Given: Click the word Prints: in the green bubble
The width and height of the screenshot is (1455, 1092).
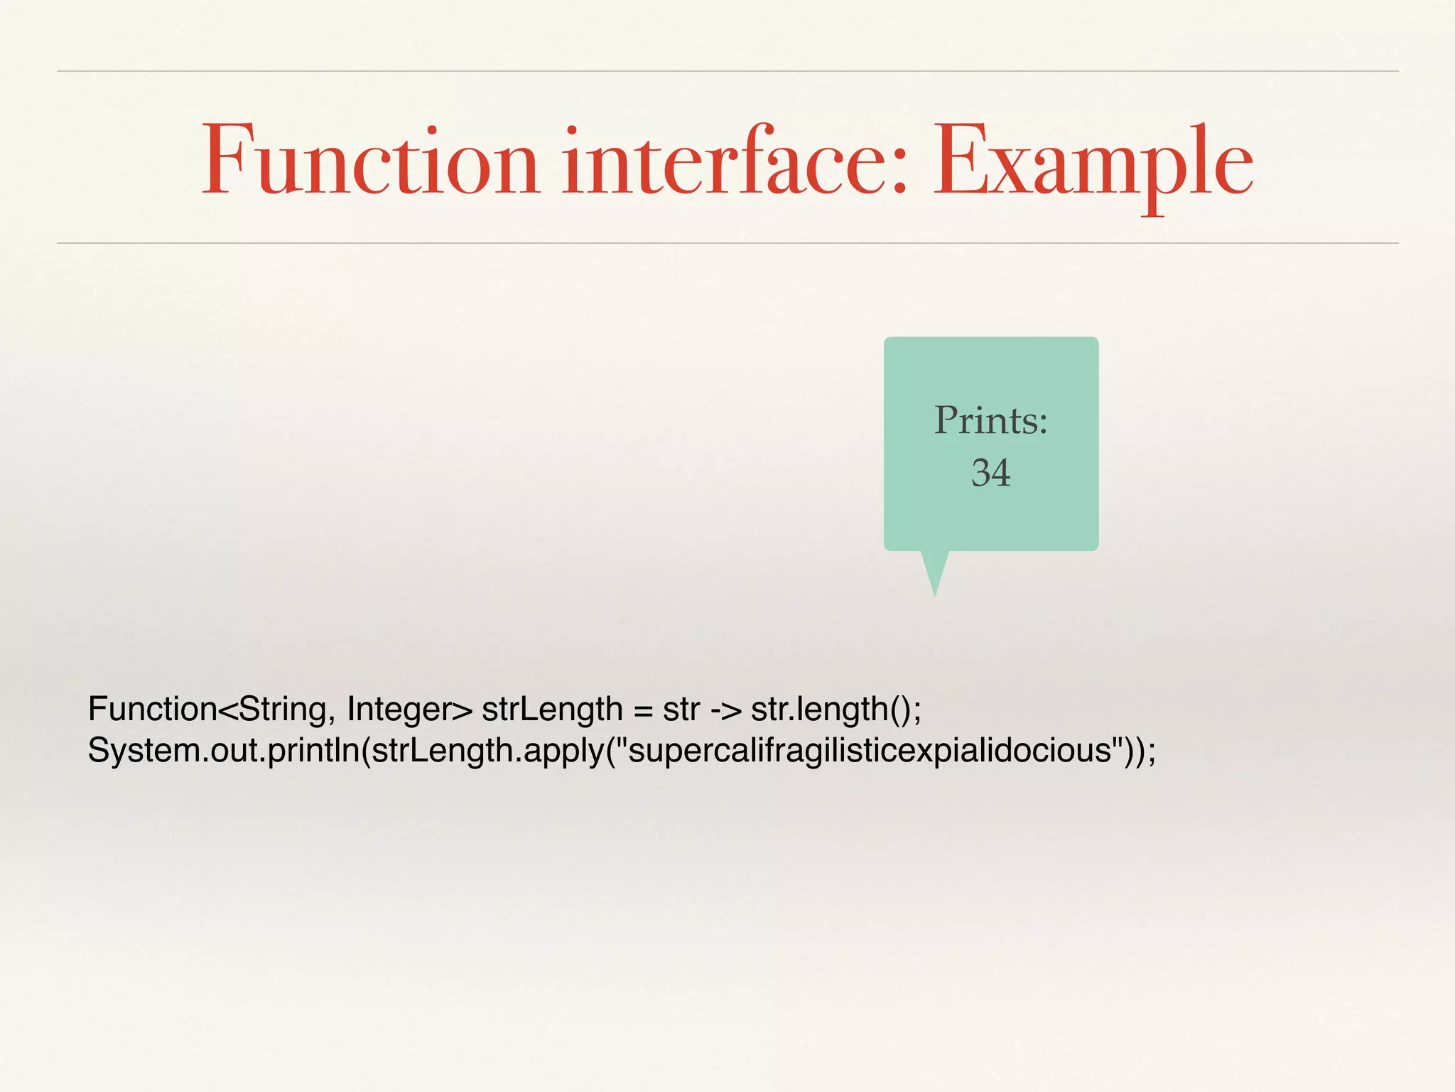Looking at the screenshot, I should pos(990,420).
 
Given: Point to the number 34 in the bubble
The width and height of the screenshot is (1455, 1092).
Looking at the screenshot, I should pos(990,473).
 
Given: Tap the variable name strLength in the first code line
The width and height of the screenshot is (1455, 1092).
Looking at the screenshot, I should pos(552,710).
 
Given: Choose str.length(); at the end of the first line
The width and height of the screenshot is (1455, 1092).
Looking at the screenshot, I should pos(836,710).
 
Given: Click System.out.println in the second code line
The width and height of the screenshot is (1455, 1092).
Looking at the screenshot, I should pos(224,751).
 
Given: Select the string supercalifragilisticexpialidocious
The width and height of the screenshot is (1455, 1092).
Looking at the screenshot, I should pos(870,751).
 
